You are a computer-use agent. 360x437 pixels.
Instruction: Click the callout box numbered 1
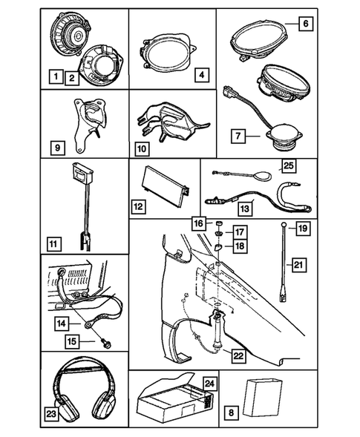tap(53, 75)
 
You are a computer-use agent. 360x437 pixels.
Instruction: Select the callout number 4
tap(201, 75)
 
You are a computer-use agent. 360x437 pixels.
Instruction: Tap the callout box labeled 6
tap(304, 23)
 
